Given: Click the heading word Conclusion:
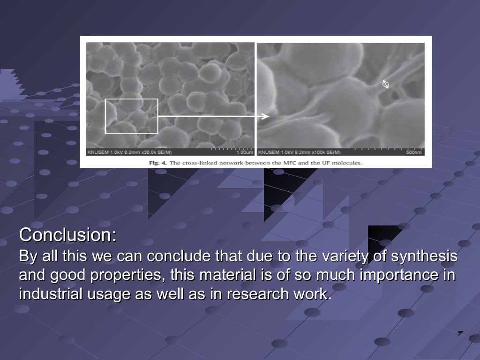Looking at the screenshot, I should point(67,235).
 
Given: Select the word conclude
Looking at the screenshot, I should point(180,257).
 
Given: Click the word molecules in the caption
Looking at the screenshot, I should point(347,163).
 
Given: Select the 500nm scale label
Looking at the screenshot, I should point(414,152).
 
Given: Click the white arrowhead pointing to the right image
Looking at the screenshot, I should point(266,116).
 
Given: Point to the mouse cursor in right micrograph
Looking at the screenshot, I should point(386,84).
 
